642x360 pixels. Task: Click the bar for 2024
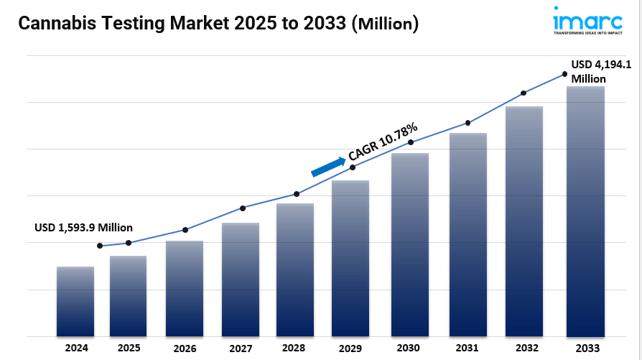tap(75, 301)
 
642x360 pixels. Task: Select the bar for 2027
tap(241, 280)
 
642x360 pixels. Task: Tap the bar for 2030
tap(410, 244)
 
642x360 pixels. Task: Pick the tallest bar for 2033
tap(585, 211)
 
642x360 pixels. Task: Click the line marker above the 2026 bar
tap(185, 230)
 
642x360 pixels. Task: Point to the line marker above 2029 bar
tap(353, 167)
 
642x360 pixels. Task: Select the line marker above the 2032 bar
tap(524, 93)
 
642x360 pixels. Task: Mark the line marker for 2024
tap(100, 246)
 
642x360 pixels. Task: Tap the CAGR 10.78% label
tap(382, 142)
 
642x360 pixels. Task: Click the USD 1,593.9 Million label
tap(83, 227)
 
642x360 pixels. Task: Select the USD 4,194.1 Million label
tap(600, 71)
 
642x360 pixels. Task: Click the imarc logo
tap(587, 20)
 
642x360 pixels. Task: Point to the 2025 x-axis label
tap(129, 348)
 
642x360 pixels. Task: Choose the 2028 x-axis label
tap(295, 348)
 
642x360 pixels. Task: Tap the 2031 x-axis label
tap(467, 348)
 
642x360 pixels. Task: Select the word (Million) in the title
tap(384, 24)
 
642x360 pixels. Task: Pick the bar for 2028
tap(295, 269)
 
